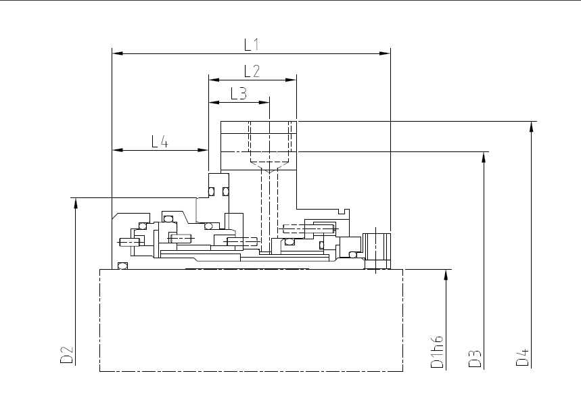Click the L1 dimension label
click(x=251, y=45)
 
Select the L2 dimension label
click(x=252, y=71)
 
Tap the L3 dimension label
click(x=238, y=93)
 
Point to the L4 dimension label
click(x=160, y=141)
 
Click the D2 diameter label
click(x=67, y=354)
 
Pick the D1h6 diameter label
click(x=437, y=352)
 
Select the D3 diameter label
click(x=475, y=358)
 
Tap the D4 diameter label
click(x=522, y=357)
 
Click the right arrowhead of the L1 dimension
click(x=385, y=53)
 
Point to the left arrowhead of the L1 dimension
click(x=118, y=53)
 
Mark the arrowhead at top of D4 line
click(x=532, y=126)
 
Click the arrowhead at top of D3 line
click(x=484, y=158)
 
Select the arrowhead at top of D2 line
click(x=76, y=203)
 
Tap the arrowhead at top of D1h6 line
click(x=446, y=275)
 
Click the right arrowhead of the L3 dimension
click(x=264, y=102)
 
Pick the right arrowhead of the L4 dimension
click(x=203, y=150)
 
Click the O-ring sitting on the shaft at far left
click(x=122, y=266)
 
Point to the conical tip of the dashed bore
click(x=269, y=171)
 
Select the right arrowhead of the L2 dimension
click(x=291, y=80)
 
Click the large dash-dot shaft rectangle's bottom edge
click(x=251, y=371)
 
